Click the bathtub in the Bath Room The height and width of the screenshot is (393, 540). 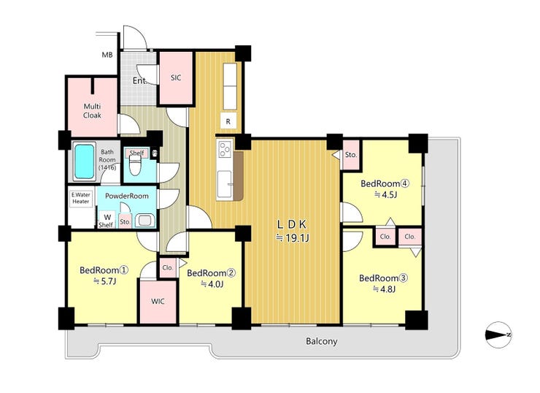click(85, 161)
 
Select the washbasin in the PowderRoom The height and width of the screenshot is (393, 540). click(144, 221)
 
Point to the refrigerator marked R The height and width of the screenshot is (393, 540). click(228, 121)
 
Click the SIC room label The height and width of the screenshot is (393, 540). click(176, 78)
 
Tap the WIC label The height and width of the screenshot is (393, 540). click(158, 301)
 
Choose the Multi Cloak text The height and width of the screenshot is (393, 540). click(92, 111)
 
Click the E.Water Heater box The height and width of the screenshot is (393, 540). click(81, 198)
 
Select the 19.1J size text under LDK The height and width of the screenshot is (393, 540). click(293, 238)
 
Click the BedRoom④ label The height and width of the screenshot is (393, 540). click(385, 184)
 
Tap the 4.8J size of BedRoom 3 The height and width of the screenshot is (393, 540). click(384, 289)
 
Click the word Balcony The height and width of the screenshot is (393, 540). click(321, 341)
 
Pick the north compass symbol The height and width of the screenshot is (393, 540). click(498, 335)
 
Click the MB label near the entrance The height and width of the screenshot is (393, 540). click(107, 55)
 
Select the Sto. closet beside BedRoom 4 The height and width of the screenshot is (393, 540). click(350, 155)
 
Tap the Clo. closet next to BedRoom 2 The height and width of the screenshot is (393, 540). click(168, 267)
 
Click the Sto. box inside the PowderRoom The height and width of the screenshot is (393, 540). click(126, 222)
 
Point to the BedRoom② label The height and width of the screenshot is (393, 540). click(211, 273)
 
